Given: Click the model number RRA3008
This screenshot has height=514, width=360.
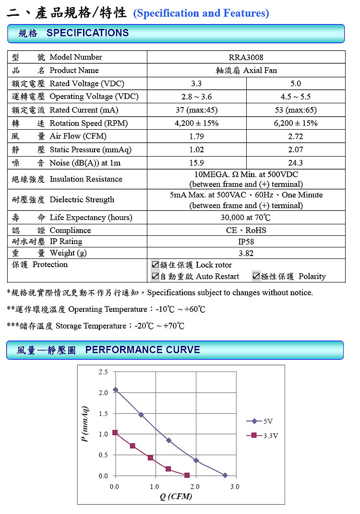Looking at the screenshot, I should tap(246, 57).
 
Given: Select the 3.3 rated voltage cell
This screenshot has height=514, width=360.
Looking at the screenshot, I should tap(196, 83).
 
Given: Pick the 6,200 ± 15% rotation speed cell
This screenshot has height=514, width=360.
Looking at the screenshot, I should tap(296, 123).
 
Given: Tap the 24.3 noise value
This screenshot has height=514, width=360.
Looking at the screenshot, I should tap(296, 163).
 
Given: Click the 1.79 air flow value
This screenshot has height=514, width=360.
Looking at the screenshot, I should tap(196, 136).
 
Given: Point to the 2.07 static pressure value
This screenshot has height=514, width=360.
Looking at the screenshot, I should tap(296, 150).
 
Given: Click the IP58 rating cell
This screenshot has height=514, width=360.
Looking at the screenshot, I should tap(246, 242).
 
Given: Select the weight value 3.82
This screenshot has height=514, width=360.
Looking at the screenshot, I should tap(246, 253).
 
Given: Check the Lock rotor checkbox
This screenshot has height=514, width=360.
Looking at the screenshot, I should tap(155, 265).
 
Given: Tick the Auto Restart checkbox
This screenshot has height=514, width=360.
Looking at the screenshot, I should tap(155, 276).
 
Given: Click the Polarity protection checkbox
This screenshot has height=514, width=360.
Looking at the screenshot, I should tap(256, 276).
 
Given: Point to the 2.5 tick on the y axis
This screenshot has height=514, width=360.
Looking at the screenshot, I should tap(103, 372).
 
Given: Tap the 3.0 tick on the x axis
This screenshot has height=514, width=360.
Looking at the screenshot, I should tap(235, 487).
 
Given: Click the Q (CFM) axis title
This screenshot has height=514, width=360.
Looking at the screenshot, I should tap(176, 496).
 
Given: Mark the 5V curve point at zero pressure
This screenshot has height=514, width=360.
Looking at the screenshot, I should tap(225, 475).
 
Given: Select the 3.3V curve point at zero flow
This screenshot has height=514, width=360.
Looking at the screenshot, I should tap(115, 433).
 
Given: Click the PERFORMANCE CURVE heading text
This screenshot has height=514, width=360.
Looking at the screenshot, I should tap(143, 350).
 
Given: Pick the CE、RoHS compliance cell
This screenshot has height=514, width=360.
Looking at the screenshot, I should tap(246, 230).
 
